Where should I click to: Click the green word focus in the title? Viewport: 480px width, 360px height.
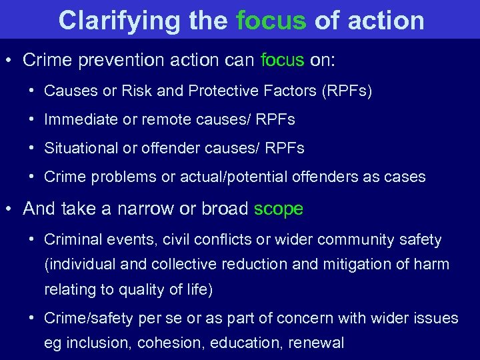point(271,20)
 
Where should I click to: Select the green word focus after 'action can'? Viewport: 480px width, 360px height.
point(282,60)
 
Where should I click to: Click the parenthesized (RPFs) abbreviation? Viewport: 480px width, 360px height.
point(347,91)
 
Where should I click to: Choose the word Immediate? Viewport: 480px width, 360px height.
point(79,120)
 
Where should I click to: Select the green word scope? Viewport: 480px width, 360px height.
point(279,209)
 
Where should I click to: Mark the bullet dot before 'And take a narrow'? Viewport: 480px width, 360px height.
point(9,209)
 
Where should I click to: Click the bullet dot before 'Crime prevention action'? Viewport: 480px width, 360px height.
point(9,60)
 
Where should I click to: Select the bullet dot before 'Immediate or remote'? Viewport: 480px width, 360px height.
point(32,120)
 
